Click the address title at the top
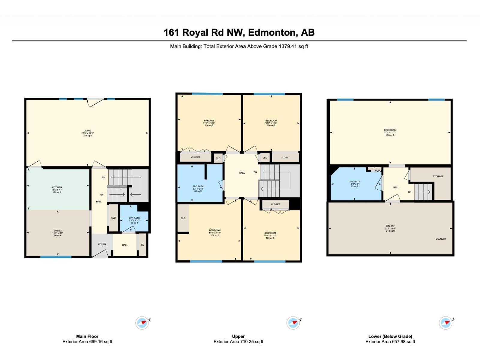pos(239,32)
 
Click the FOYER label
pos(102,244)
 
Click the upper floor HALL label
pos(242,173)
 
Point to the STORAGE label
pos(438,176)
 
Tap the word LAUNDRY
pos(441,239)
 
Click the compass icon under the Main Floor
pos(142,323)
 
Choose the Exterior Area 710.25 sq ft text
pos(238,341)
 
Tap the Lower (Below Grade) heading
pos(390,336)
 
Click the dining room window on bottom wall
pos(56,257)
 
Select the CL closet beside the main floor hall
pos(142,245)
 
